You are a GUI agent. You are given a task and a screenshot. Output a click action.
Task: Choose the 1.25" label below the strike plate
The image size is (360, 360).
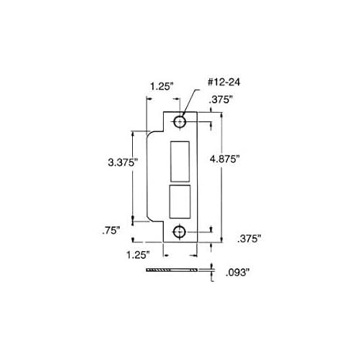click(136, 253)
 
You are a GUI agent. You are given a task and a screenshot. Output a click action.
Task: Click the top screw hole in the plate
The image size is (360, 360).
click(180, 122)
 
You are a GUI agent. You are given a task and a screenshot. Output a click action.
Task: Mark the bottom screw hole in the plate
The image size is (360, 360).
click(180, 231)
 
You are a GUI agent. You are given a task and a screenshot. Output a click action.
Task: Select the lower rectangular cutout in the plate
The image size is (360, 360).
click(179, 202)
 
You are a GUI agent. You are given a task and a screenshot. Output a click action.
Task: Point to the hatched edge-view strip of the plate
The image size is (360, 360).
click(177, 270)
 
